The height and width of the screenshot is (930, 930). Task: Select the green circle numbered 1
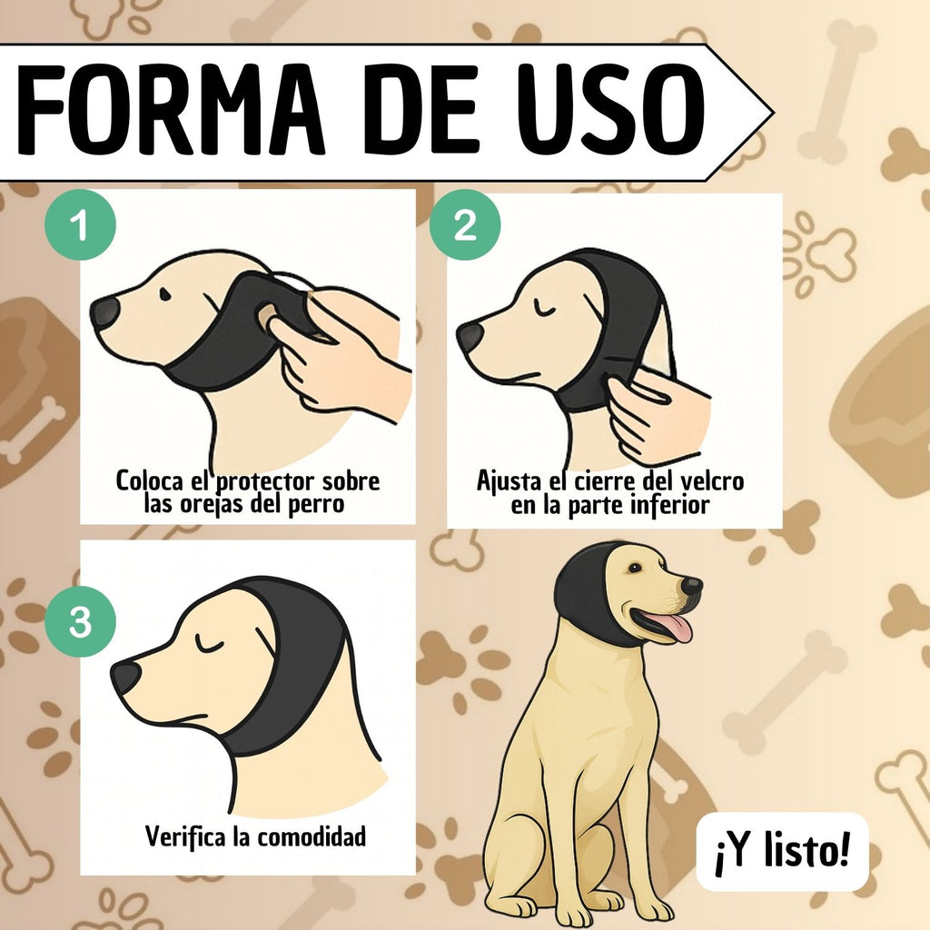point(80,225)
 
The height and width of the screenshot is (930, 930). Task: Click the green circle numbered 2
point(465,225)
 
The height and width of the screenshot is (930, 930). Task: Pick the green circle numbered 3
point(80,621)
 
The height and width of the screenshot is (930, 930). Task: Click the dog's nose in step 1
point(105,312)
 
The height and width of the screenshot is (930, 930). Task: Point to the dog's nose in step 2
point(471,337)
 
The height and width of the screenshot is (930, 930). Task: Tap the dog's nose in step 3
point(126,678)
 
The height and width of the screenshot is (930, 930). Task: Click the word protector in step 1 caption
point(267,482)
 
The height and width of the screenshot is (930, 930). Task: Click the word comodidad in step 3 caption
point(312,836)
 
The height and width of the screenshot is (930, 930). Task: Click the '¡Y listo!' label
point(782,852)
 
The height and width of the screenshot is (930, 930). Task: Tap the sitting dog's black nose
point(691,586)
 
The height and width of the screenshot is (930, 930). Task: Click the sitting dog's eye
point(635,568)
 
